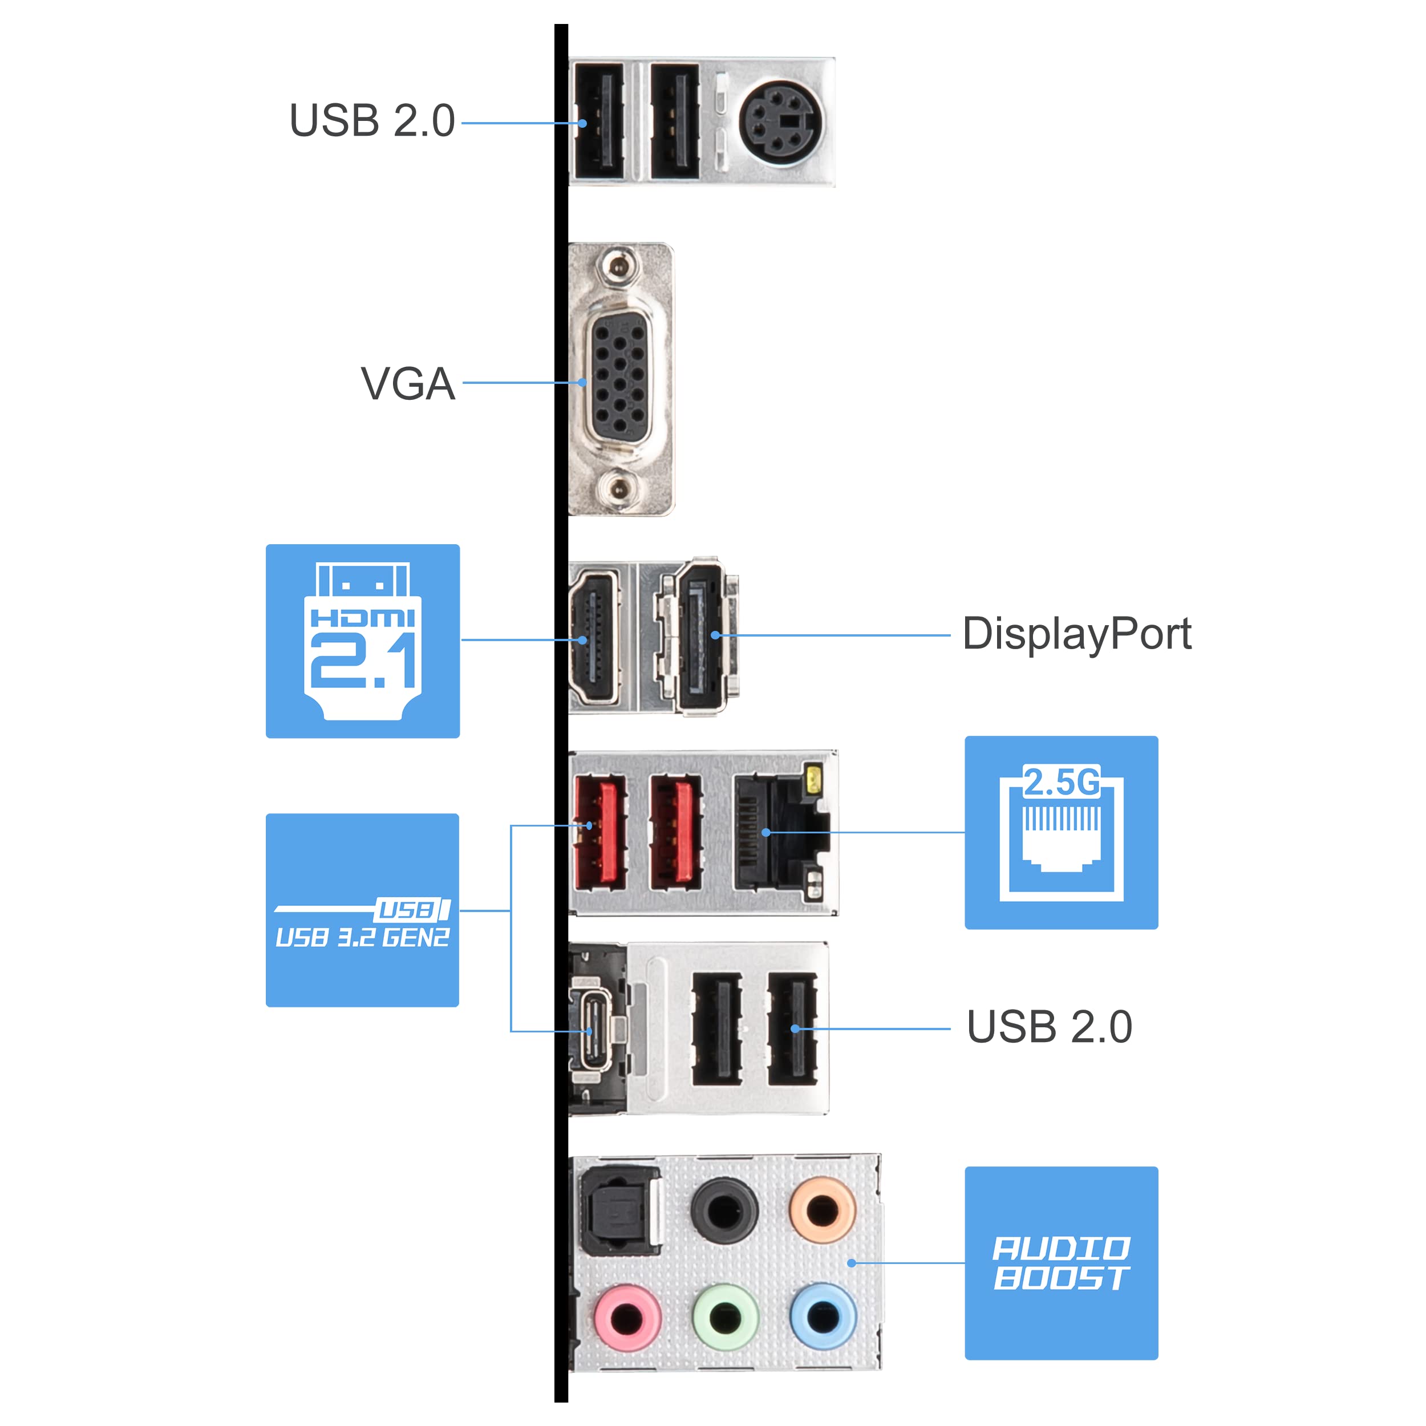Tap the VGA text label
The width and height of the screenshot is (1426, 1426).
pyautogui.click(x=407, y=384)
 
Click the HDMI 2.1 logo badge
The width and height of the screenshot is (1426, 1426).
pyautogui.click(x=362, y=641)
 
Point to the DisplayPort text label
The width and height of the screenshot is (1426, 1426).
pyautogui.click(x=1076, y=634)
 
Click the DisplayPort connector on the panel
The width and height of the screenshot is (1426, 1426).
pyautogui.click(x=701, y=635)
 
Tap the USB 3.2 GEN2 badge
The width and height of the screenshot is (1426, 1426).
pyautogui.click(x=362, y=910)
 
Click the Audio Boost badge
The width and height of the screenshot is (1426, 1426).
pyautogui.click(x=1060, y=1263)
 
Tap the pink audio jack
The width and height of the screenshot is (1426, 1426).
pyautogui.click(x=627, y=1318)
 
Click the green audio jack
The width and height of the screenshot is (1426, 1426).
pyautogui.click(x=726, y=1318)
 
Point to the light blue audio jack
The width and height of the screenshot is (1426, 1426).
pyautogui.click(x=823, y=1318)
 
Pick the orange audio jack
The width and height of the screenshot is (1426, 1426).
pyautogui.click(x=823, y=1211)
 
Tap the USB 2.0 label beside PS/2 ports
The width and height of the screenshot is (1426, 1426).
pyautogui.click(x=371, y=121)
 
